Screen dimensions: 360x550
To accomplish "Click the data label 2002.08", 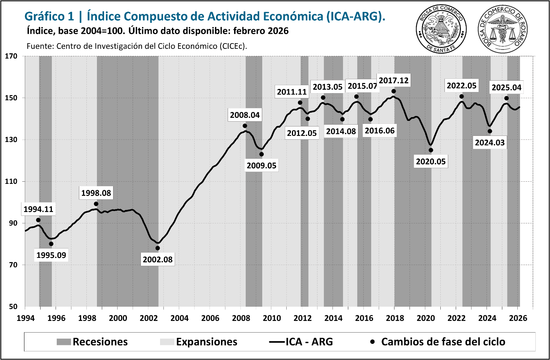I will tap(157, 259).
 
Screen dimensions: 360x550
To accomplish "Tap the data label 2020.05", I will tap(431, 161).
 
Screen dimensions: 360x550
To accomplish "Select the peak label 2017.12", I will tap(393, 80).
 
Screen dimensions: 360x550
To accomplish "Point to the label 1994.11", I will tap(38, 209).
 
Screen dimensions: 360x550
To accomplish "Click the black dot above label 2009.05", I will tap(261, 154).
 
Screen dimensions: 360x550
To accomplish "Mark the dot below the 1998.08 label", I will tap(96, 204).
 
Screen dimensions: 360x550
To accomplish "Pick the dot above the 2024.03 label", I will tap(490, 131).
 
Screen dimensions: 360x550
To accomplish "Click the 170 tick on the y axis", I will tap(11, 56).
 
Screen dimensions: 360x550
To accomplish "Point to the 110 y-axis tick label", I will tap(11, 181).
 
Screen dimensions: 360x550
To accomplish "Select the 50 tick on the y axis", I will tap(13, 306).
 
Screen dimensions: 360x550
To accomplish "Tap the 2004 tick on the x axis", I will tap(180, 318).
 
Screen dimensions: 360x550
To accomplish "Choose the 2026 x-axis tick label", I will tap(518, 318).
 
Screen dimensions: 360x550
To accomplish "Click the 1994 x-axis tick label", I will tap(26, 318).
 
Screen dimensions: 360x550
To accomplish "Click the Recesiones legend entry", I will tap(92, 342).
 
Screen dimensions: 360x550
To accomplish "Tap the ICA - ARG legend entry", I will tap(301, 342).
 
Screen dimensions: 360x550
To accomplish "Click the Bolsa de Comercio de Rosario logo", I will tap(502, 29).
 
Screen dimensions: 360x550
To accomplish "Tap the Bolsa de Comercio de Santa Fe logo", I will tap(441, 29).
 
